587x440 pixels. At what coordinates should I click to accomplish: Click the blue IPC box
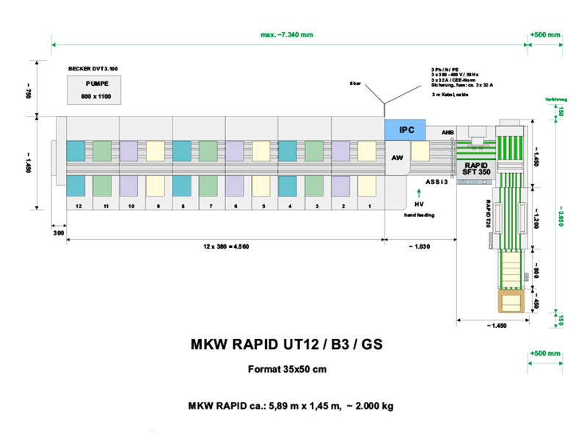[406, 130]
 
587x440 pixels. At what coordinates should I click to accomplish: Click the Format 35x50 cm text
[287, 369]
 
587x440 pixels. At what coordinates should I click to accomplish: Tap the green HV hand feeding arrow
[418, 194]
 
